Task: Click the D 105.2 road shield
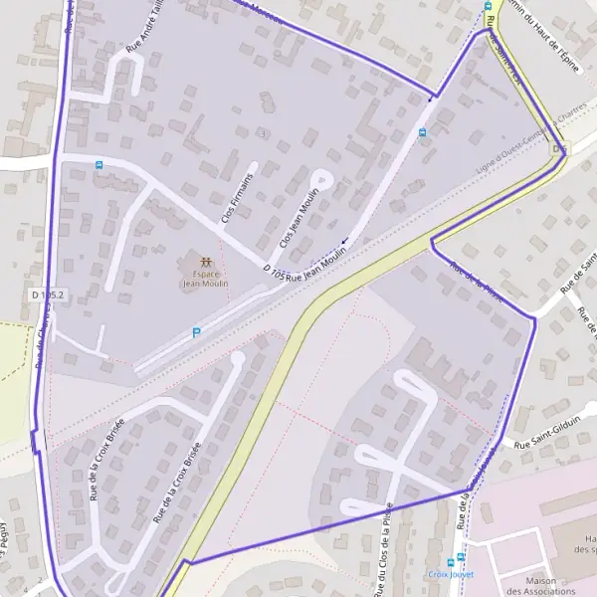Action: (x=48, y=295)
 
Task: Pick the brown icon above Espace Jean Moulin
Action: (x=204, y=262)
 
